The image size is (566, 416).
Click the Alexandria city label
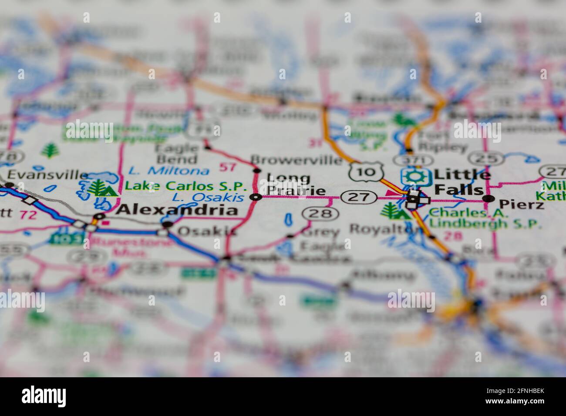pyautogui.click(x=178, y=211)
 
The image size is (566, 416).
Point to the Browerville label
pyautogui.click(x=296, y=160)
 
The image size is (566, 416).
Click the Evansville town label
pyautogui.click(x=48, y=175)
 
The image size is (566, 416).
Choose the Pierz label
pyautogui.click(x=521, y=204)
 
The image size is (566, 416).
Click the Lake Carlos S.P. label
pyautogui.click(x=186, y=186)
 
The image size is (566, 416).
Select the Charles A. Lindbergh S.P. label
pyautogui.click(x=485, y=219)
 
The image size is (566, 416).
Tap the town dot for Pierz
pyautogui.click(x=489, y=199)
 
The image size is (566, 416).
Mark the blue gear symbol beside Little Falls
pyautogui.click(x=415, y=176)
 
